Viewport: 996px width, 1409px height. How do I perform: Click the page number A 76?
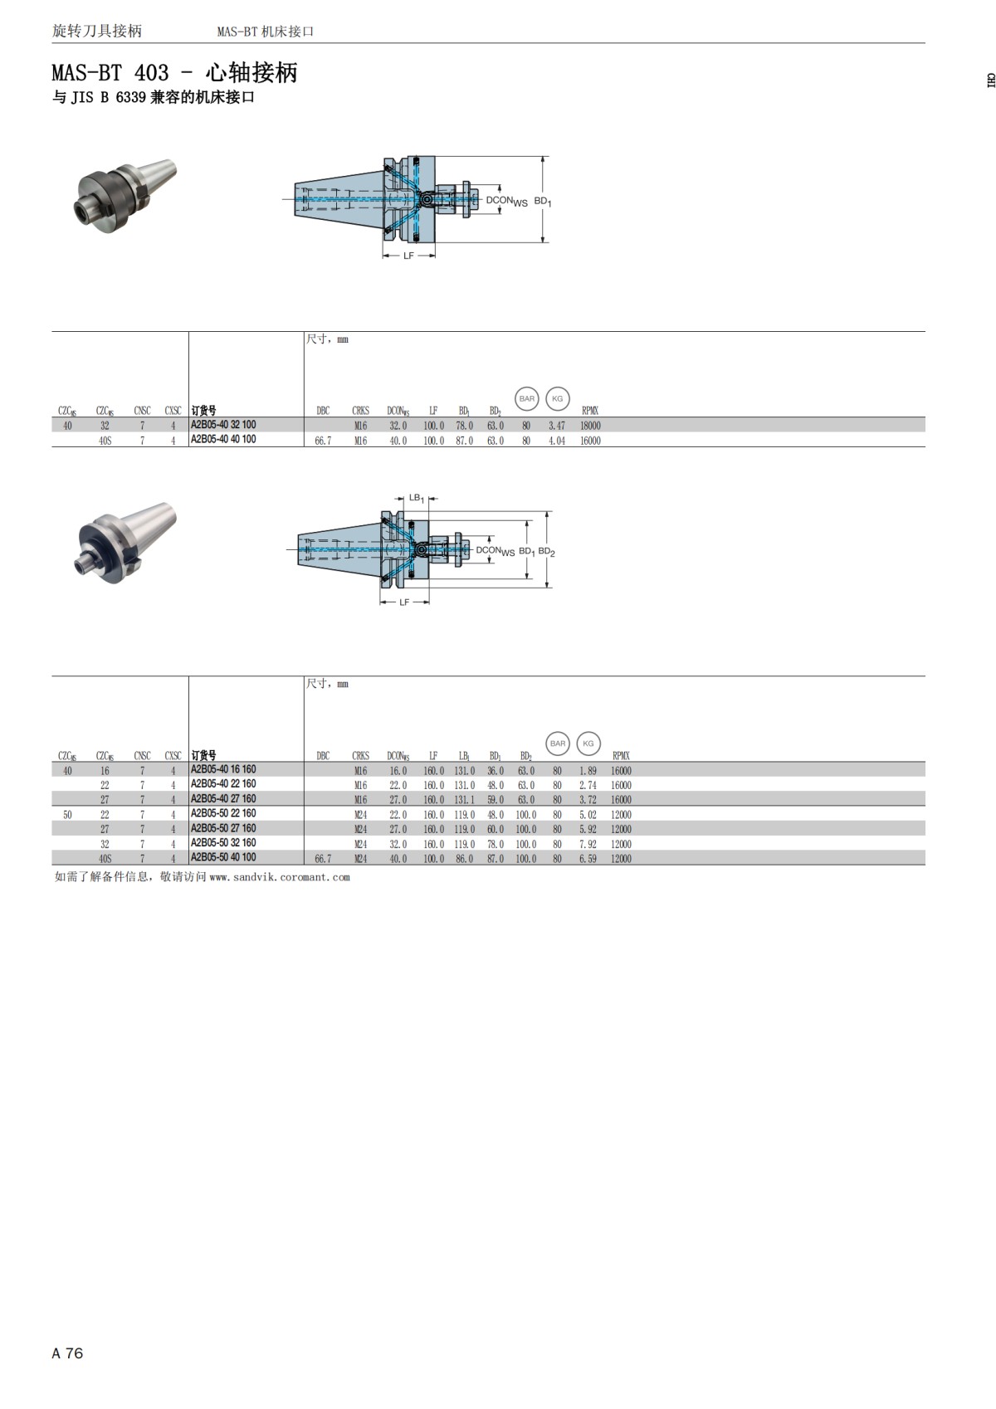click(67, 1353)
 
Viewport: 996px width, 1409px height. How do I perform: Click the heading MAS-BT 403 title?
click(174, 73)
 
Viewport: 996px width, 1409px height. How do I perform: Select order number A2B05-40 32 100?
click(223, 425)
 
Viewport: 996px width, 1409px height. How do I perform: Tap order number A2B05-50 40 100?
click(223, 858)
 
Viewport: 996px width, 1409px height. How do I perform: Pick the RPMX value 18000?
click(590, 426)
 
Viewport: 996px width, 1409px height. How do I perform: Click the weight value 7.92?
click(588, 844)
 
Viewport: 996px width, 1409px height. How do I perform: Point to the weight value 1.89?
click(588, 771)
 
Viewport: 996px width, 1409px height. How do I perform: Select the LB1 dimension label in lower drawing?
click(417, 499)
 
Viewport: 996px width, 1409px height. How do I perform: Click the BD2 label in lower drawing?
click(546, 552)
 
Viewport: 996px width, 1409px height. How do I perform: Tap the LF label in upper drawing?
click(408, 256)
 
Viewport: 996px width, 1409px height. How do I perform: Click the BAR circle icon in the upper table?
click(527, 399)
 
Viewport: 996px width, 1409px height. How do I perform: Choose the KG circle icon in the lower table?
click(588, 744)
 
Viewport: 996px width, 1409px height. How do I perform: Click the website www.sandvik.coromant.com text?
click(280, 877)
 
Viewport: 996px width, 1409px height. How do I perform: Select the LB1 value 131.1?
click(464, 800)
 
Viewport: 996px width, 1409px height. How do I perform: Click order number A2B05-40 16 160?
click(223, 770)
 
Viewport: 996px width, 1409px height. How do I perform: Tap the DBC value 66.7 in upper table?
click(323, 441)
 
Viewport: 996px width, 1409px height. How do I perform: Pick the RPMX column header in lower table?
click(621, 756)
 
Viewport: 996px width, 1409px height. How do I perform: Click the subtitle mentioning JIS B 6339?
click(153, 97)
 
